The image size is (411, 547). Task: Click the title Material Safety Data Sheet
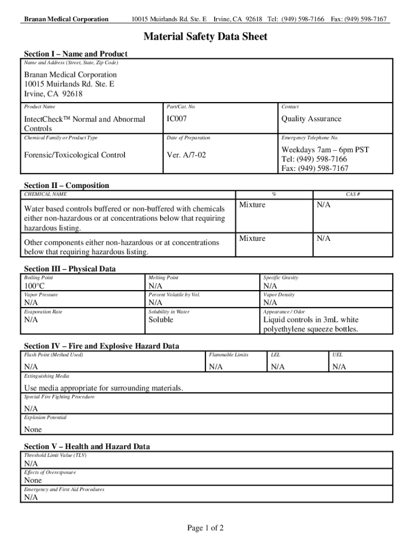pos(205,37)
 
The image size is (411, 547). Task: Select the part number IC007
pos(177,119)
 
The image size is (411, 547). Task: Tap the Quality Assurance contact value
pos(311,119)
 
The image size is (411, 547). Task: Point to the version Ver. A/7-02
pos(186,155)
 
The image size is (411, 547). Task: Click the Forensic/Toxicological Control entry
pos(75,155)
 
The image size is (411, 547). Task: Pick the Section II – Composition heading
pos(67,185)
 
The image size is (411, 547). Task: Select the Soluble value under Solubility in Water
pos(161,319)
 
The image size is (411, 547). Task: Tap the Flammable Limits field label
pos(228,355)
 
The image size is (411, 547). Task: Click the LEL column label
pos(275,355)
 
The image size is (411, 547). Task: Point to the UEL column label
pos(337,355)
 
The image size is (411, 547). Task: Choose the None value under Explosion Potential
pos(33,429)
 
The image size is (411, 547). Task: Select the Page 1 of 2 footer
pos(205,528)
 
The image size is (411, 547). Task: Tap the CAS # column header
pos(353,194)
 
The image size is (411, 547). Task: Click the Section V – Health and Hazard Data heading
pos(87,446)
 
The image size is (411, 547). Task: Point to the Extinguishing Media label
pos(46,376)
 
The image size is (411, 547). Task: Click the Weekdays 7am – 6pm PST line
pos(325,150)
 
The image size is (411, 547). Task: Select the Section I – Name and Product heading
pos(76,54)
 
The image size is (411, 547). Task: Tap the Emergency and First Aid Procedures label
pos(64,489)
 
